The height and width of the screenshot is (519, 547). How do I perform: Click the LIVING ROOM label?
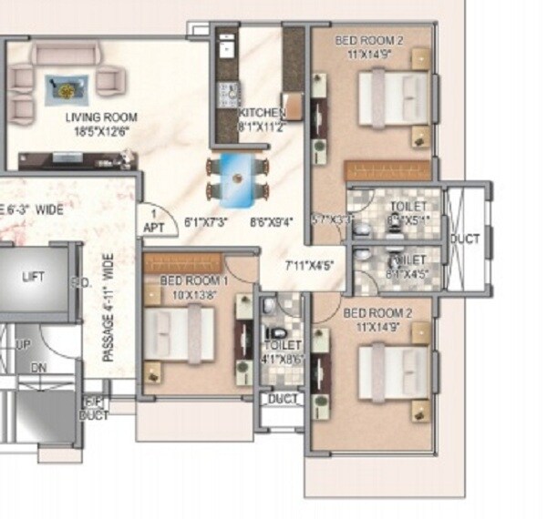point(101,117)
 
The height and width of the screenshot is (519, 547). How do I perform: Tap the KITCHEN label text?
point(262,114)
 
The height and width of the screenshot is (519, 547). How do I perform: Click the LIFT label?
point(33,277)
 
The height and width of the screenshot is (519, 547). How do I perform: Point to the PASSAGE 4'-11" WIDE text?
point(108,308)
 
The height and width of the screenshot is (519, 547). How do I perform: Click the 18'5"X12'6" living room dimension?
point(101,131)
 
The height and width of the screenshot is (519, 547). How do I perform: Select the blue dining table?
point(236,178)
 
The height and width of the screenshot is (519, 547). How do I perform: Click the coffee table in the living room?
point(66,89)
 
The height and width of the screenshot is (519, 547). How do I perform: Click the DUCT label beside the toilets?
point(465,239)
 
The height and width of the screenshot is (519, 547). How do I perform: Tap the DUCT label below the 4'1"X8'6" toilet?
point(282,399)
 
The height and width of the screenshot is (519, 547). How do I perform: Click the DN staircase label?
point(38,367)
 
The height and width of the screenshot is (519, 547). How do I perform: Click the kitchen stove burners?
point(227,92)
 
